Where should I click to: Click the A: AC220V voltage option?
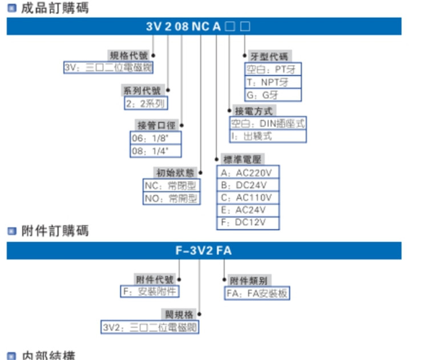coord(248,172)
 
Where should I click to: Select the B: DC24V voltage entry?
coord(248,185)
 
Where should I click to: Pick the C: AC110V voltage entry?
coord(248,197)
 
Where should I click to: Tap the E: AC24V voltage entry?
coord(248,210)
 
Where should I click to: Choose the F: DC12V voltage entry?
coord(248,223)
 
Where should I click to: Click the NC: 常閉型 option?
coord(171,185)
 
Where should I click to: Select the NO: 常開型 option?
coord(171,199)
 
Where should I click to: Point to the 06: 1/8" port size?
coord(155,137)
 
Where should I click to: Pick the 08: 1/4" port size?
coord(155,151)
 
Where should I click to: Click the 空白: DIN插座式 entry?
coord(268,123)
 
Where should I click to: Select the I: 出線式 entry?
coord(268,136)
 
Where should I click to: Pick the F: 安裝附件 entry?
coord(150,292)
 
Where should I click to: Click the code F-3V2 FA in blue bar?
coord(203,250)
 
